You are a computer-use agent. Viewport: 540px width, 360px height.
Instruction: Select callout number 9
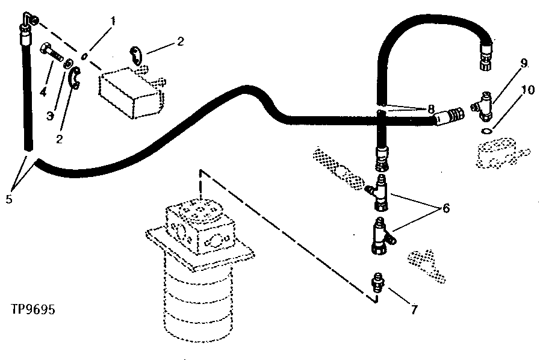(x=524, y=63)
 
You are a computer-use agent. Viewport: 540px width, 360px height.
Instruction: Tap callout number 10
(x=527, y=90)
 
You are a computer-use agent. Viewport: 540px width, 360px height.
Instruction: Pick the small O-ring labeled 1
(x=85, y=56)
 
